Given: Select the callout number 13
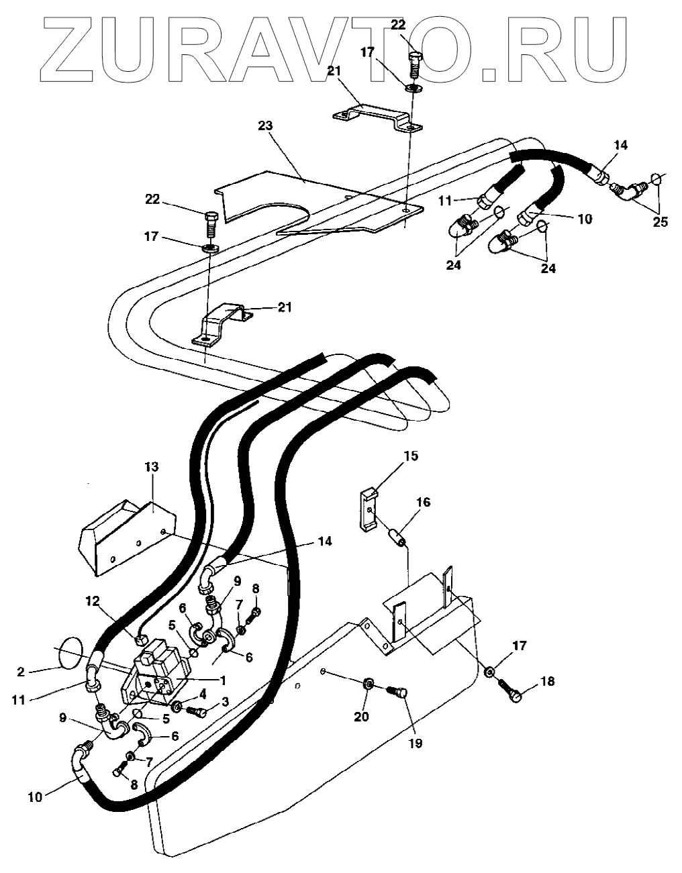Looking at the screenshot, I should pos(151,466).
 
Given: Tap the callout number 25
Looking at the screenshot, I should pos(660,222).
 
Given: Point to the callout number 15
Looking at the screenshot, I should pos(410,456).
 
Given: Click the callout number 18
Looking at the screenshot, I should pos(548,682).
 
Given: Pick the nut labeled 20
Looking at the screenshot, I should pos(369,685).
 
